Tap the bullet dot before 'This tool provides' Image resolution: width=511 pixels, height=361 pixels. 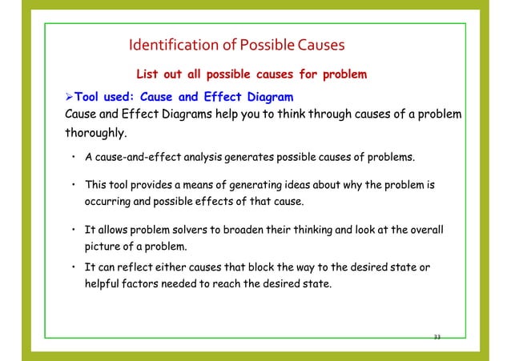click(x=73, y=184)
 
